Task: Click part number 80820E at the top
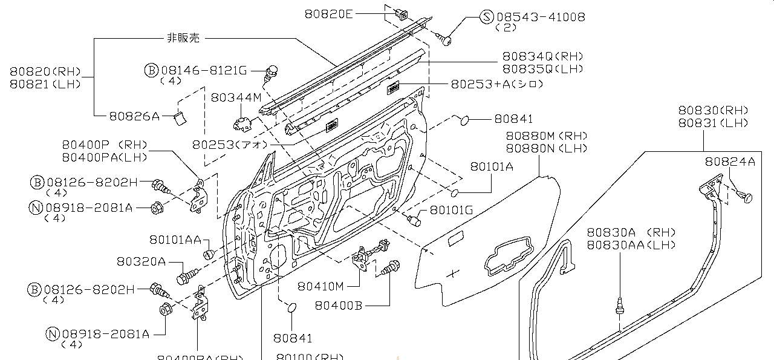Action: [328, 14]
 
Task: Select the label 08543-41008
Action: [541, 17]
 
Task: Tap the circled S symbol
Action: [487, 17]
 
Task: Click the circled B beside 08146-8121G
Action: [151, 70]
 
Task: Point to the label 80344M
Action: [236, 97]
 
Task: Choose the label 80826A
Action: [134, 115]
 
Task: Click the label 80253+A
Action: [496, 84]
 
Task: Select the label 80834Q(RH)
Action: [542, 57]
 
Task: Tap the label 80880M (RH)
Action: [546, 136]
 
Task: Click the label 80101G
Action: [451, 210]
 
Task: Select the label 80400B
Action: [338, 306]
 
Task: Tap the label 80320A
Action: [141, 261]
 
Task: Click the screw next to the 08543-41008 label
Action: [446, 40]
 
